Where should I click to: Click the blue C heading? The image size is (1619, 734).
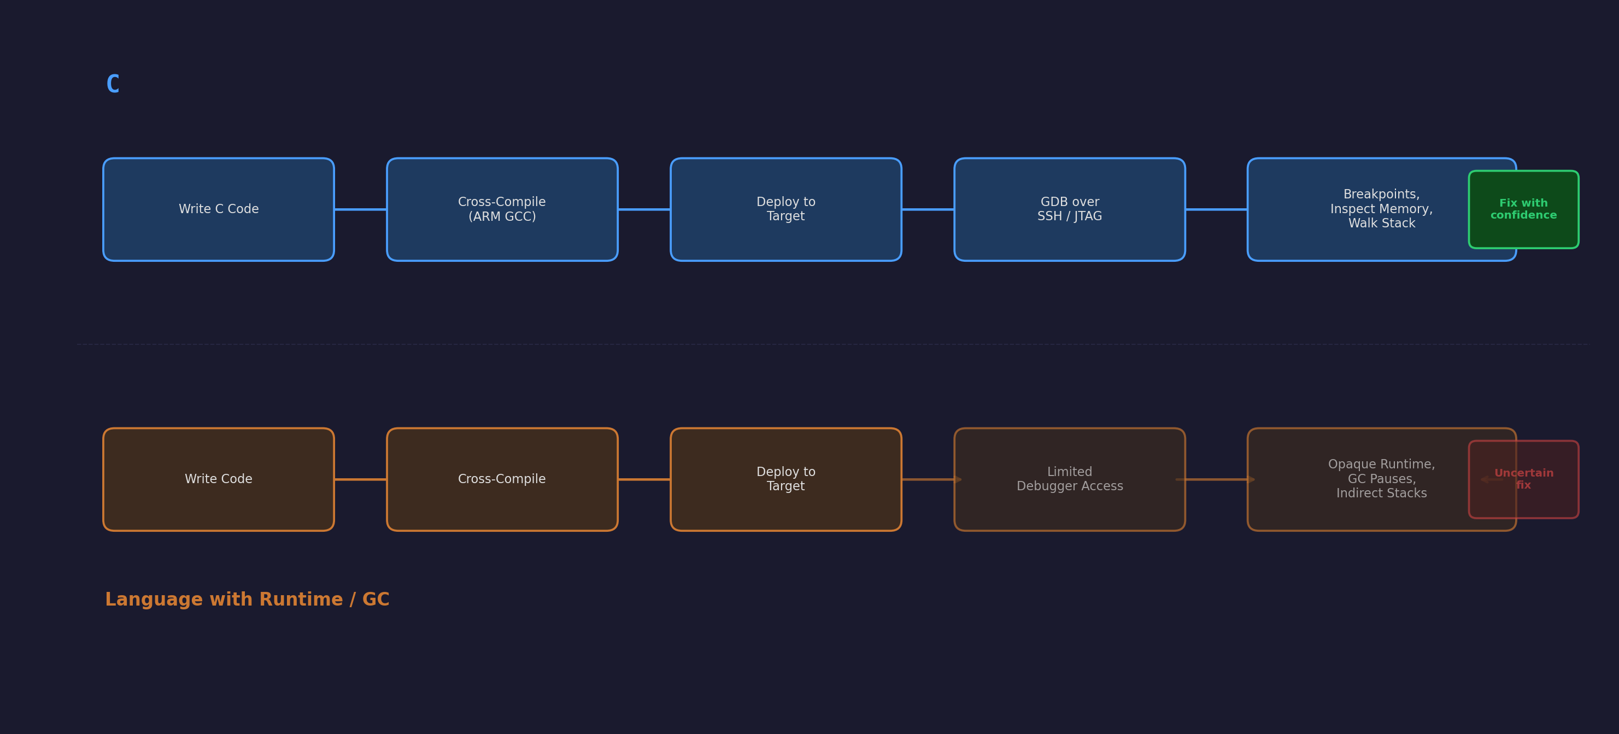[113, 84]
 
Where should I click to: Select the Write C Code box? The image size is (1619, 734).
[218, 209]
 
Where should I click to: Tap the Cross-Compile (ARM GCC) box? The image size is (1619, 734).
[502, 209]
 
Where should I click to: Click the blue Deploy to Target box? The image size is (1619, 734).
[785, 209]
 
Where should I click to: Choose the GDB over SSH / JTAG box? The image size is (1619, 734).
[1069, 209]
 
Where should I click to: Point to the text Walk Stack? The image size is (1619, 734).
[1381, 224]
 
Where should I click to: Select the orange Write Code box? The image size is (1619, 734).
[218, 479]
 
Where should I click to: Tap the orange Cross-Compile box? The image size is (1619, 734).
[502, 479]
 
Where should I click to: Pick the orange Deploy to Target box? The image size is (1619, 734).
[785, 479]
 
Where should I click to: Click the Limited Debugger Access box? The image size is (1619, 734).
[1069, 479]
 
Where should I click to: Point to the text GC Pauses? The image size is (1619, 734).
[1381, 479]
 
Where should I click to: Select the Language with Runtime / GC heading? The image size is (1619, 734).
[247, 600]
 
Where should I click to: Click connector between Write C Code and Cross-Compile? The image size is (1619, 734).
[360, 209]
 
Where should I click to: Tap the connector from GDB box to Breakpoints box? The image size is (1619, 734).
[1216, 209]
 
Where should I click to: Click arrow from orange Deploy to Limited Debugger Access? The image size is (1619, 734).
[928, 479]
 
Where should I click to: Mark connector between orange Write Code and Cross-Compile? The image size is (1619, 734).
[360, 479]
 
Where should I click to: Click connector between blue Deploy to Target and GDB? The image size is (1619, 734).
[928, 209]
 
